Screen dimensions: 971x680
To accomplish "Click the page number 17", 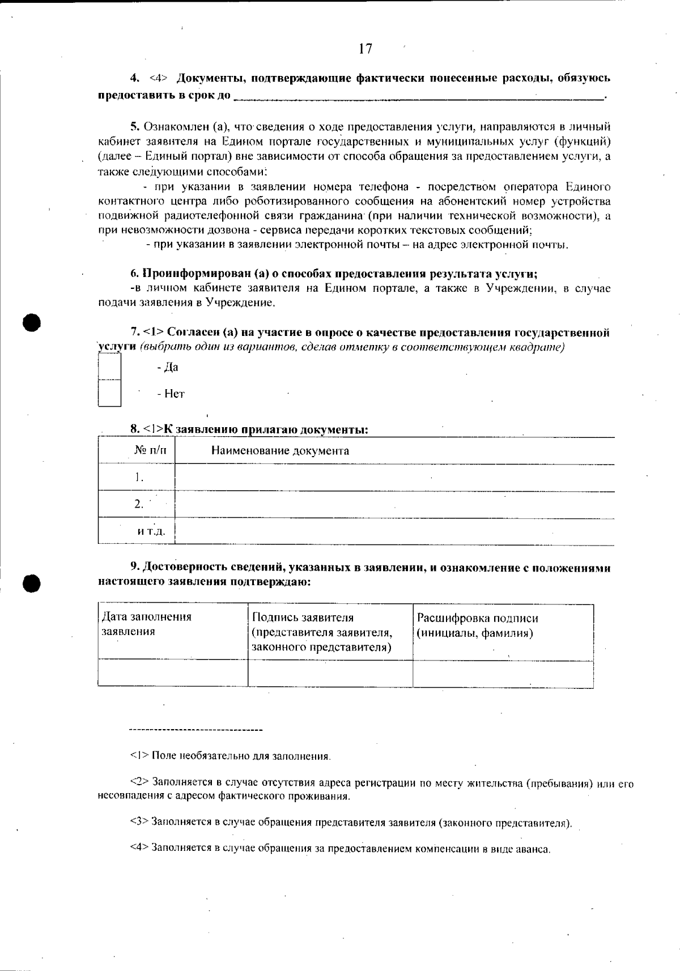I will pyautogui.click(x=365, y=49).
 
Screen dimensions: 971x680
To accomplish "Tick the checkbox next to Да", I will pyautogui.click(x=109, y=367).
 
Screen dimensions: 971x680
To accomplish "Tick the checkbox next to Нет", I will pyautogui.click(x=109, y=393).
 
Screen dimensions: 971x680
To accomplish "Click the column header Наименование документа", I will pyautogui.click(x=280, y=451).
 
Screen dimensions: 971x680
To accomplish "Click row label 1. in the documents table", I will pyautogui.click(x=139, y=477).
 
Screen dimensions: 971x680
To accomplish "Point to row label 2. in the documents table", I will pyautogui.click(x=139, y=504).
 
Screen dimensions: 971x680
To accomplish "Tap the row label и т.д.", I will pyautogui.click(x=151, y=531).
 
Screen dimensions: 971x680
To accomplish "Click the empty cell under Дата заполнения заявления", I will pyautogui.click(x=173, y=673).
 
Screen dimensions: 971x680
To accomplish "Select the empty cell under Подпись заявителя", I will pyautogui.click(x=330, y=673).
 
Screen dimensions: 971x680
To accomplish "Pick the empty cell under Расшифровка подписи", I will pyautogui.click(x=503, y=674).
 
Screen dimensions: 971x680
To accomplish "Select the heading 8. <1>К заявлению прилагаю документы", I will pyautogui.click(x=249, y=429).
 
